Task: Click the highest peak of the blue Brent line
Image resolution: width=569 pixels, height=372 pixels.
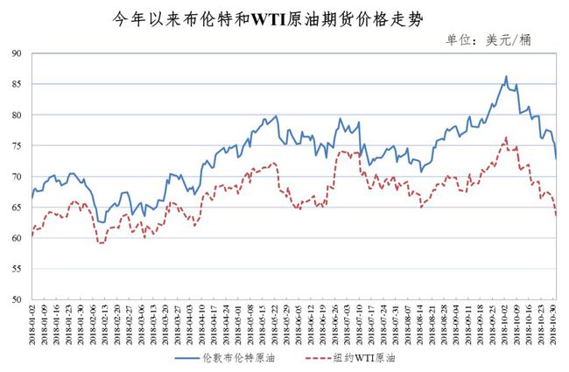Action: (506, 76)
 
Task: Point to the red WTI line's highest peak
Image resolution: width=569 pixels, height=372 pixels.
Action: (506, 137)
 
